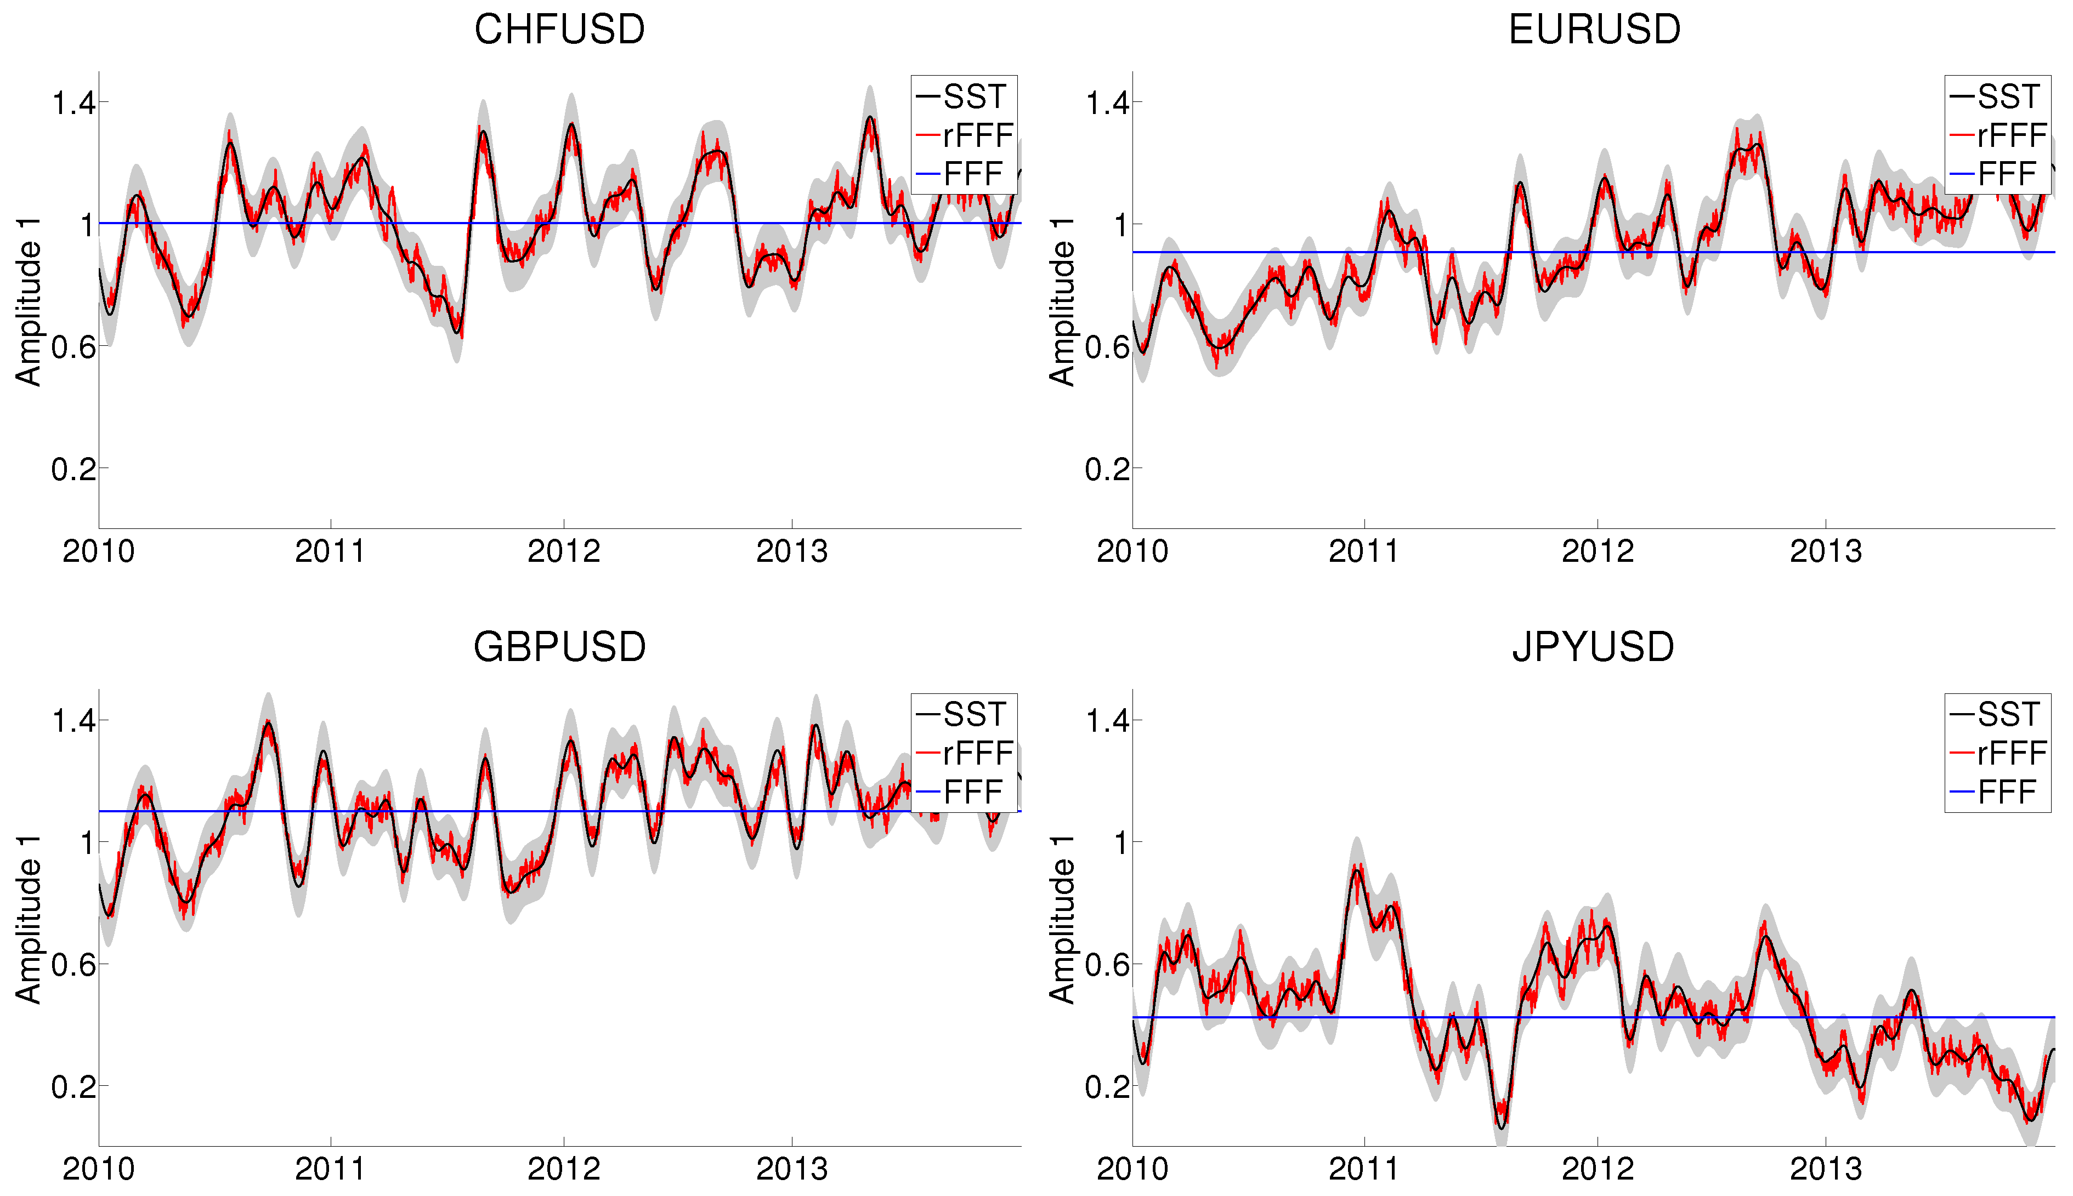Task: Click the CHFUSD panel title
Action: (x=559, y=30)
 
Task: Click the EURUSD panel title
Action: (x=1594, y=30)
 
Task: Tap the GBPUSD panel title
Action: (x=559, y=647)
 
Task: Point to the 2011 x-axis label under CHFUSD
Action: (x=330, y=551)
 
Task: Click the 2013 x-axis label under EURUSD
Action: (x=1826, y=551)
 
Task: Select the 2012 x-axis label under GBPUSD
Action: (x=564, y=1169)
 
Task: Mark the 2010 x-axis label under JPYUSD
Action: (x=1132, y=1169)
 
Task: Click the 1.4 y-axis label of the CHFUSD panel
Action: (x=74, y=104)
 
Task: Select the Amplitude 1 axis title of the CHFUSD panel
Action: (x=29, y=301)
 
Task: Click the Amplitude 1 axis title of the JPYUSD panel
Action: (x=1062, y=919)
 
